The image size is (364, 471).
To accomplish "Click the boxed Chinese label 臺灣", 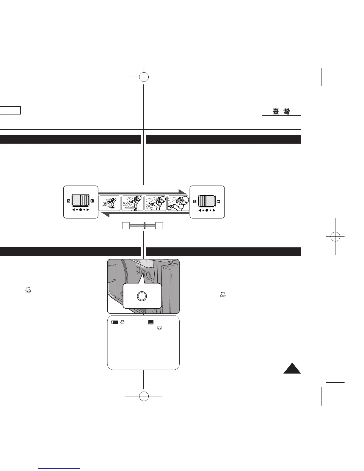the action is click(281, 112).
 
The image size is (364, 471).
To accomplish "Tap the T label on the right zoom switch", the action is click(219, 201).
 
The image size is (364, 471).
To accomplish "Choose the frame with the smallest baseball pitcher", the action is click(109, 203).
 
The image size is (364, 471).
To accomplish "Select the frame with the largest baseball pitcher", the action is click(178, 203).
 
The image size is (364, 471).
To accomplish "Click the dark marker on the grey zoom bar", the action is click(144, 225).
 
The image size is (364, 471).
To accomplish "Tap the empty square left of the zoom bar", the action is click(125, 225).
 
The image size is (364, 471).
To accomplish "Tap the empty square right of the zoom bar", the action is click(160, 225).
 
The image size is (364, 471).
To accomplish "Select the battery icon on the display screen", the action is click(114, 322).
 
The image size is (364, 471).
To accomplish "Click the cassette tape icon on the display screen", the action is click(159, 328).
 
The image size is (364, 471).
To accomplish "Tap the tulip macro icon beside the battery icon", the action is click(122, 322).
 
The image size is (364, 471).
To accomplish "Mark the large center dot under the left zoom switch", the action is click(81, 210).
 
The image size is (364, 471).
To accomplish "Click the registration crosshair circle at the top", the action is click(144, 77).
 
